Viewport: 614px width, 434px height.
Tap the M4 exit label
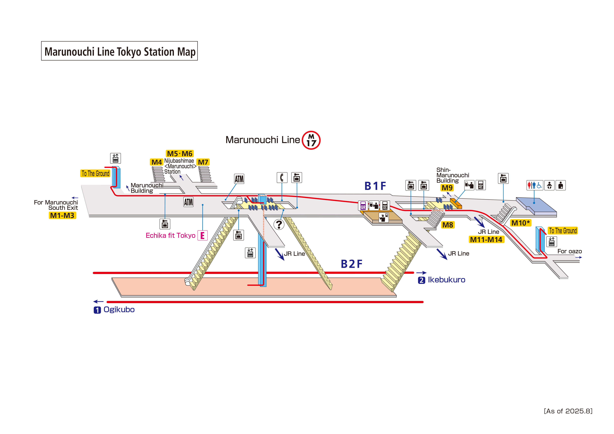tap(156, 162)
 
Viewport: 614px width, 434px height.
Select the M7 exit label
tap(203, 162)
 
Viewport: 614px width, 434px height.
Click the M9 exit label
tap(447, 188)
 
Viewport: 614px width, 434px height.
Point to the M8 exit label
tap(448, 225)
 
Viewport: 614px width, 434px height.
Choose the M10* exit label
tap(520, 223)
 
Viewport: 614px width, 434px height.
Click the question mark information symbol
tap(279, 224)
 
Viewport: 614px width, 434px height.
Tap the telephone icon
tap(282, 178)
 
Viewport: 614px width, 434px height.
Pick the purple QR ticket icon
tap(363, 205)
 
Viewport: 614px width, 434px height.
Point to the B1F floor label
tap(375, 186)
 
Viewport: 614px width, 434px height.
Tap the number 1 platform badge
tap(97, 310)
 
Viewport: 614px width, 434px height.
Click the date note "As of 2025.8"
tap(568, 411)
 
